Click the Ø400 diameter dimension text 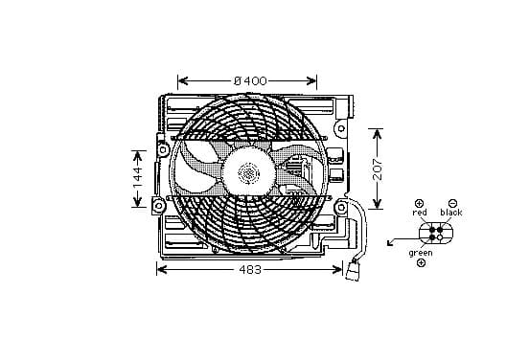(250, 80)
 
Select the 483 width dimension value (250, 270)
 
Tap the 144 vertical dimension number (138, 178)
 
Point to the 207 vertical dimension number (378, 169)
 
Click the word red (420, 213)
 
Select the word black (451, 213)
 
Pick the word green (421, 253)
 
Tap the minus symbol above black (453, 203)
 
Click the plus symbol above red (419, 203)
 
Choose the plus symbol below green (421, 263)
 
